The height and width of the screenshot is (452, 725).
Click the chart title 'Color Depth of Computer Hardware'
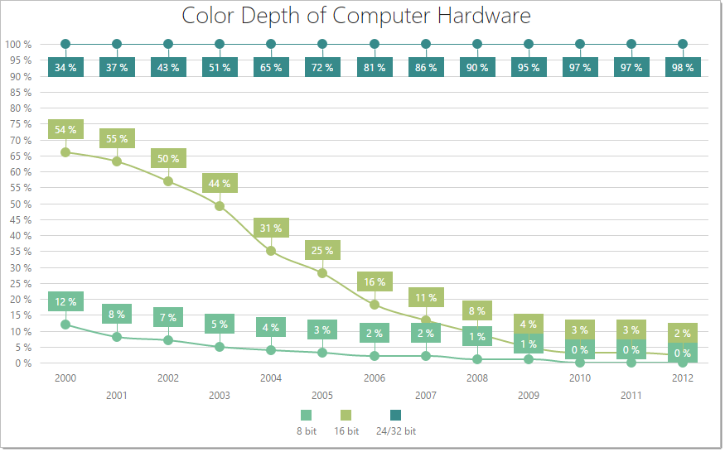click(356, 16)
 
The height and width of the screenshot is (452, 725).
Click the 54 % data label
click(65, 129)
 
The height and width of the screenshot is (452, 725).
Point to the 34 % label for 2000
click(65, 68)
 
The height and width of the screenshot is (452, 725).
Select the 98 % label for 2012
click(683, 68)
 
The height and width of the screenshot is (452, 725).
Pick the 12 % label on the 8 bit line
click(65, 302)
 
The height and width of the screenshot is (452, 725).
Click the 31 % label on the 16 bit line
click(271, 228)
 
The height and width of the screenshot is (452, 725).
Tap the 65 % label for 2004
click(271, 68)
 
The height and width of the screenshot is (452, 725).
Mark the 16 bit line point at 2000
click(65, 152)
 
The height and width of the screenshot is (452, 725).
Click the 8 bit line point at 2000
click(65, 325)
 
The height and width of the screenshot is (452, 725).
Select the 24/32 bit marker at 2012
click(683, 44)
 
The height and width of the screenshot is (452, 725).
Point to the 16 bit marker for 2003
click(220, 206)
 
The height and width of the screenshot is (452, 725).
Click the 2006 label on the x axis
click(374, 377)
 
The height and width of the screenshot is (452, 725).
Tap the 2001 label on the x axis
click(117, 395)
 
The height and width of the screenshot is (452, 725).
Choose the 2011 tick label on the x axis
click(631, 395)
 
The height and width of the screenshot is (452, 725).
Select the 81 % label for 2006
click(374, 68)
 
